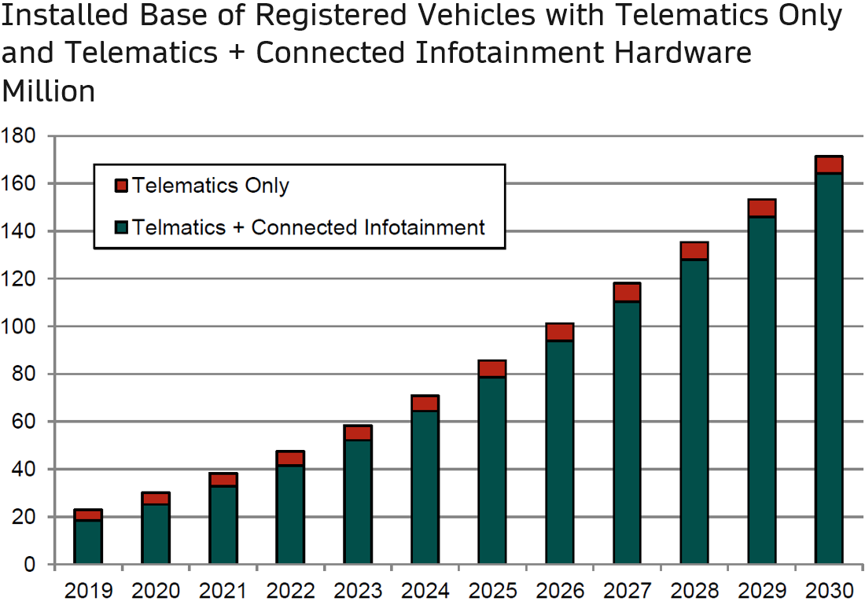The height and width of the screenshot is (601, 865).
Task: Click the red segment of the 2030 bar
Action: pyautogui.click(x=829, y=164)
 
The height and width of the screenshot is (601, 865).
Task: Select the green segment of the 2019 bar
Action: pyautogui.click(x=88, y=542)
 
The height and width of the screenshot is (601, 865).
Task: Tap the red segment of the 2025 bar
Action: pyautogui.click(x=492, y=369)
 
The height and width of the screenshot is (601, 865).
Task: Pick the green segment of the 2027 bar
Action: pyautogui.click(x=627, y=433)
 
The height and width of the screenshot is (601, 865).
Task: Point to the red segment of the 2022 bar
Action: pyautogui.click(x=290, y=459)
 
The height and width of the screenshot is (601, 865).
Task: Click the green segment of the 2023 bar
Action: pyautogui.click(x=358, y=502)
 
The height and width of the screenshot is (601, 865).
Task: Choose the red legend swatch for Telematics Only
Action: pyautogui.click(x=121, y=186)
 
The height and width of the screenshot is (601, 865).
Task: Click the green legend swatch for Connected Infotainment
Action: pyautogui.click(x=121, y=228)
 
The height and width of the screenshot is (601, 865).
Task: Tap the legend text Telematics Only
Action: pyautogui.click(x=211, y=186)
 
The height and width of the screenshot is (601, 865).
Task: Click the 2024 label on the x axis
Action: pyautogui.click(x=425, y=589)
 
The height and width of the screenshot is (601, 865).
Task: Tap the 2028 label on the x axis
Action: pyautogui.click(x=694, y=589)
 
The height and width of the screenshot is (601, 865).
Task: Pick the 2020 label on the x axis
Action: pyautogui.click(x=155, y=589)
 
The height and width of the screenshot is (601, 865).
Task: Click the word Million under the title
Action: pyautogui.click(x=49, y=91)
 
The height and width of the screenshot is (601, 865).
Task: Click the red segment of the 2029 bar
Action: pyautogui.click(x=762, y=208)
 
